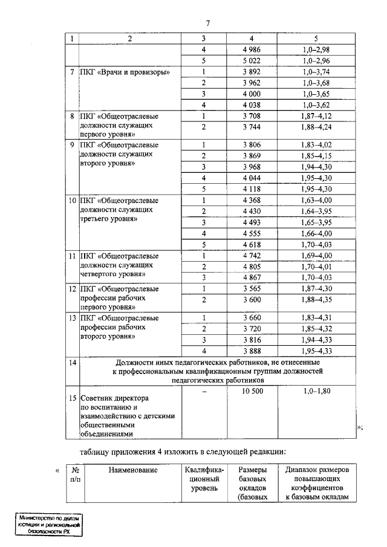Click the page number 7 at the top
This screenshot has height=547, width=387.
pos(207,23)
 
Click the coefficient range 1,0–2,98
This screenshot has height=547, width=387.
pos(318,49)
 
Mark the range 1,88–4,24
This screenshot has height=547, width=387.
pos(318,127)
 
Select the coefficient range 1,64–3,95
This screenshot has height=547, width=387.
pos(318,211)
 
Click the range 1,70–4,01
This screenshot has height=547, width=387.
pos(318,267)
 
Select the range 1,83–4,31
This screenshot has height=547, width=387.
pos(318,317)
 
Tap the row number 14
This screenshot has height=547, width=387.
pos(72,363)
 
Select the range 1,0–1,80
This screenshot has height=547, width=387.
pos(318,392)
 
